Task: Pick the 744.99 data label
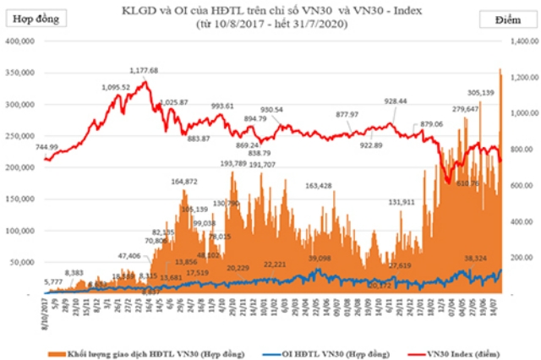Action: [x=47, y=147]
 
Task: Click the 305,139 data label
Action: [x=480, y=93]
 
